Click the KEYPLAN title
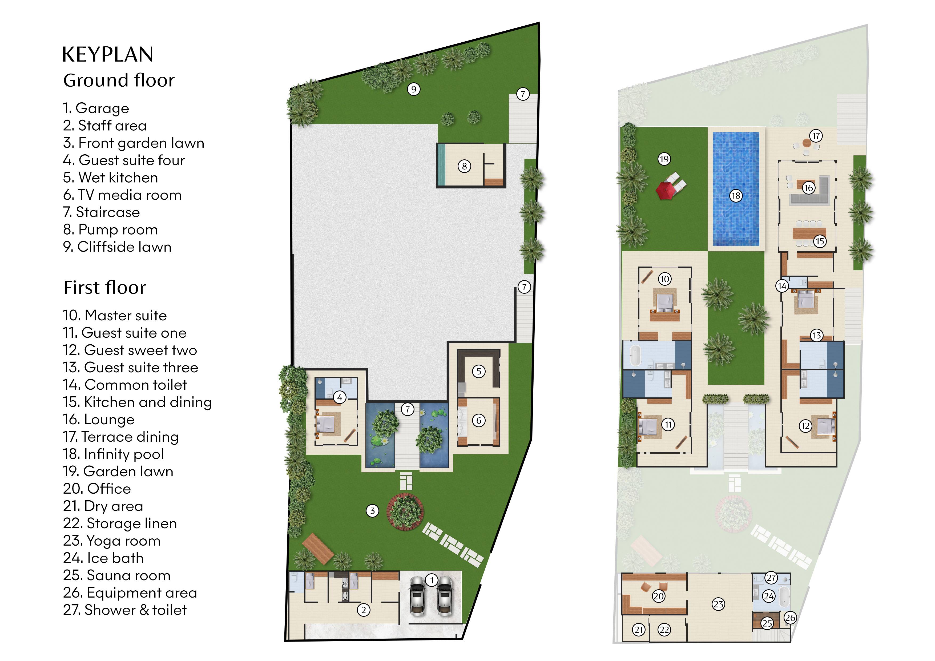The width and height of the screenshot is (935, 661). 108,55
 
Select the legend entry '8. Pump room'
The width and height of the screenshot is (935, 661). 110,230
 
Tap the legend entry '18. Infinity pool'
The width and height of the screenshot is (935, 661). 114,454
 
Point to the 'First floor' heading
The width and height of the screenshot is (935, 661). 105,288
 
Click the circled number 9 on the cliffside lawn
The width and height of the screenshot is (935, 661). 414,89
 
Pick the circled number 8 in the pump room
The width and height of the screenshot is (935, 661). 464,166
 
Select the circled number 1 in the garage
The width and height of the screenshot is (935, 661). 432,580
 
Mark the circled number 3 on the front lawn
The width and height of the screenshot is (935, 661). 372,511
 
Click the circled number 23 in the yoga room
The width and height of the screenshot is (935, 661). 719,604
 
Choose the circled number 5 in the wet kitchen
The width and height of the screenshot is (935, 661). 479,372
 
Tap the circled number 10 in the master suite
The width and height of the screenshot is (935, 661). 664,279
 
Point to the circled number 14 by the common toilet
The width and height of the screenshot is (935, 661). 782,286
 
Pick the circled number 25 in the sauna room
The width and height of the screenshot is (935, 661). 767,623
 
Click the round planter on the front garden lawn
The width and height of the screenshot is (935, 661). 405,511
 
